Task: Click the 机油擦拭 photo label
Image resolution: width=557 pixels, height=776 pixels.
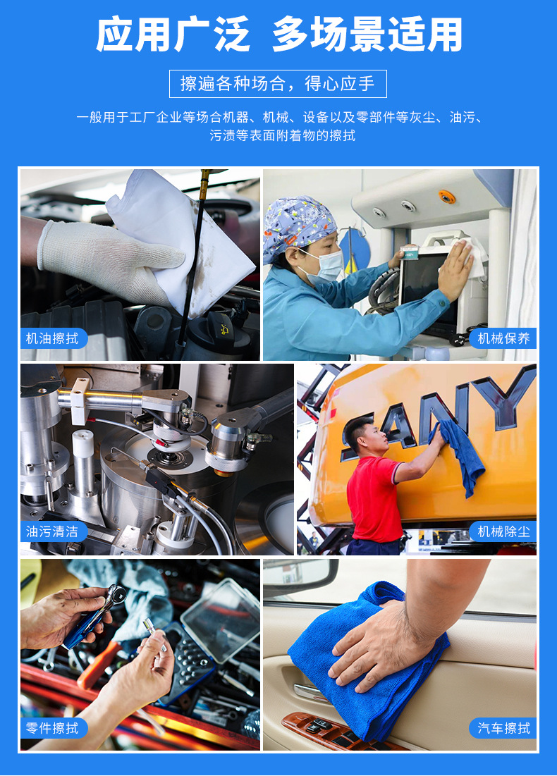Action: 53,338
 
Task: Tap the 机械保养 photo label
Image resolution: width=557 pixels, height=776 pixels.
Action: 503,338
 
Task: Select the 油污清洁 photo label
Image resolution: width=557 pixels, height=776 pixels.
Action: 53,531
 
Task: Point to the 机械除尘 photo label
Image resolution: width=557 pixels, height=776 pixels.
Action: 503,531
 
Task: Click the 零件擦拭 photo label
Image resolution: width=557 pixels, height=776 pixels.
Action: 53,727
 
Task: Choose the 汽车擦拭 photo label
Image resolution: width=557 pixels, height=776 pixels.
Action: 503,727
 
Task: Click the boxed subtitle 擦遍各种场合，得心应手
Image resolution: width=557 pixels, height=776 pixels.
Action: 278,84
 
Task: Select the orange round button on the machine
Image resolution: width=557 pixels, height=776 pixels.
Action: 446,197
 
